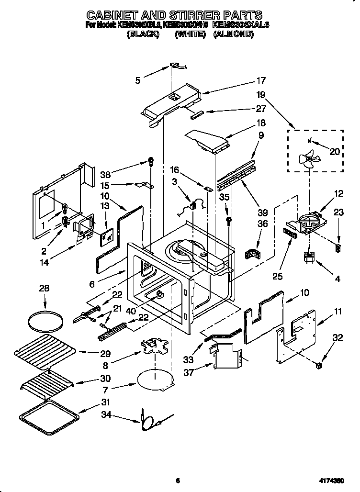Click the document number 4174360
pos(332,480)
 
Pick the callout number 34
pos(106,414)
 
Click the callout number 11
pos(338,312)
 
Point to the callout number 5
pos(138,81)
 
